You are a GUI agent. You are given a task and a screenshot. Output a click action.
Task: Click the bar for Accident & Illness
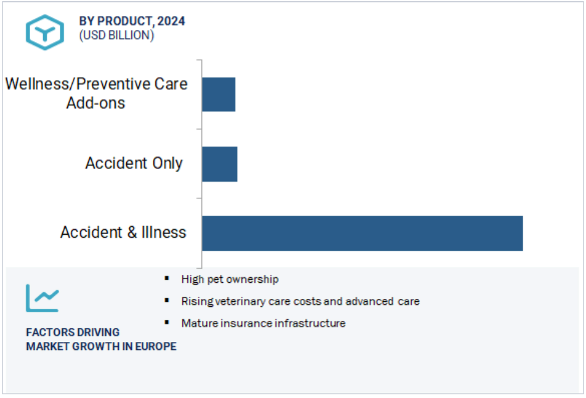(362, 234)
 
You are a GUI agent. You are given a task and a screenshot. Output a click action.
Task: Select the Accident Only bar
(220, 164)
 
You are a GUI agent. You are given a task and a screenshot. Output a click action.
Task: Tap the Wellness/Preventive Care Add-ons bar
(219, 94)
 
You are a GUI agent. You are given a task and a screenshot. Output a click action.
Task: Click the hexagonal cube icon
(45, 32)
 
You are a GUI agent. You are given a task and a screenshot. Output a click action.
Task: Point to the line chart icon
(43, 298)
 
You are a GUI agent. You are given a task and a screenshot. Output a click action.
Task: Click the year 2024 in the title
(171, 22)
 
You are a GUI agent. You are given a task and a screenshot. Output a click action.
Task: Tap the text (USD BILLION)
(116, 36)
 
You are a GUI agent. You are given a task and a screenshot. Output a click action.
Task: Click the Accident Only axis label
(134, 163)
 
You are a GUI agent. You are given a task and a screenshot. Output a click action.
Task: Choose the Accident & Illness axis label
(123, 232)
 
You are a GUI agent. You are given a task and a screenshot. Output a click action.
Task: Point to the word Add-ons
(96, 103)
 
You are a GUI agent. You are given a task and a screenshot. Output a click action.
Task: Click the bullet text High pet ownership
(230, 280)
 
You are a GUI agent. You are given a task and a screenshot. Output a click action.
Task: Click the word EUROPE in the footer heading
(156, 346)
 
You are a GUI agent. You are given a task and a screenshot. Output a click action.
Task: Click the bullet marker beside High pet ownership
(167, 278)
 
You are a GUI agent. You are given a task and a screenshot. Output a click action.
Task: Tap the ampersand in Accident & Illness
(132, 232)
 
